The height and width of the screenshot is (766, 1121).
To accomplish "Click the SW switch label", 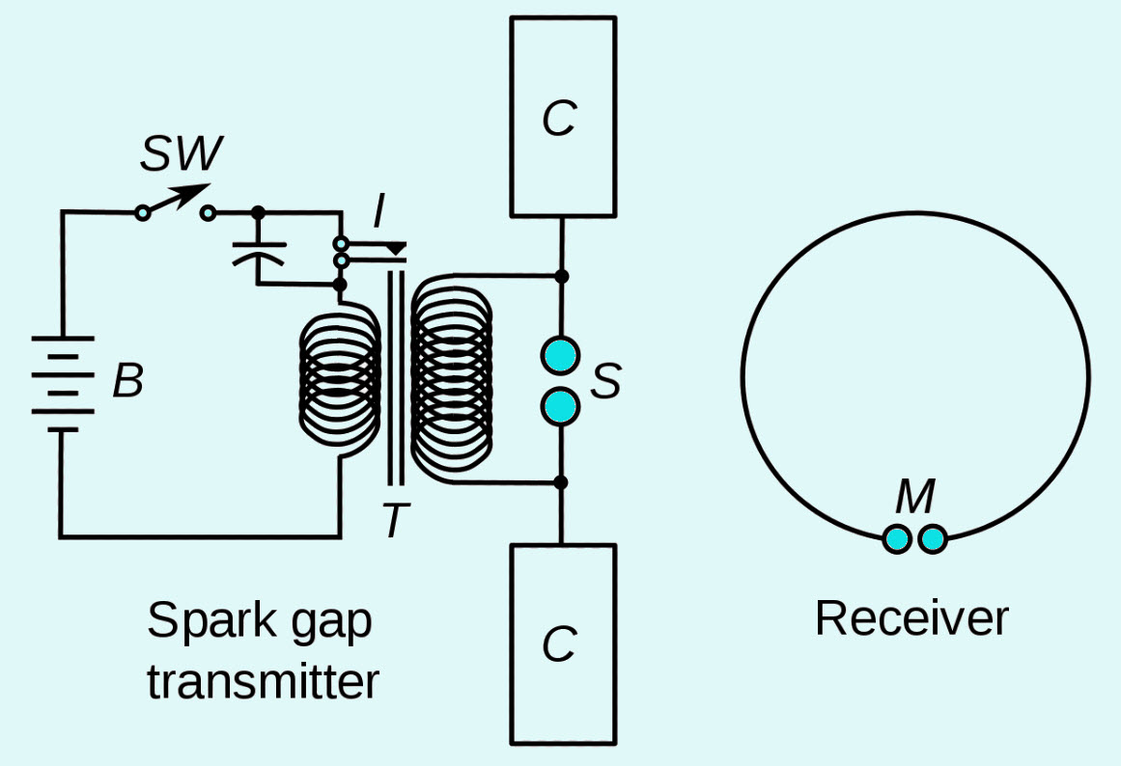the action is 182,153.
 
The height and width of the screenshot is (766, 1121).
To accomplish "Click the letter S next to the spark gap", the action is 605,381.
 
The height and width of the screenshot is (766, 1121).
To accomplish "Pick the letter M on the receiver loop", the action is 915,496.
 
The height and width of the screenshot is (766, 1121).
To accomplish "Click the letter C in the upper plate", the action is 559,118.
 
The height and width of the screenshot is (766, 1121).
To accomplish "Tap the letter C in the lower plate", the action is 559,643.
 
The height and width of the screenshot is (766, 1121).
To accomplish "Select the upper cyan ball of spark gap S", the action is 560,355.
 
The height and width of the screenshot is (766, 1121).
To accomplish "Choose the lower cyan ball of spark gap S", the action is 560,406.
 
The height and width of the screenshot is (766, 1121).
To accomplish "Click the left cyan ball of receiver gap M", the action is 897,538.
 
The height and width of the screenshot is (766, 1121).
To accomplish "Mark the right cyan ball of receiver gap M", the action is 933,538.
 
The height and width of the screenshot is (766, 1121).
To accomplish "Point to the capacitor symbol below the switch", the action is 258,254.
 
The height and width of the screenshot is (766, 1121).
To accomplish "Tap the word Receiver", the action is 912,618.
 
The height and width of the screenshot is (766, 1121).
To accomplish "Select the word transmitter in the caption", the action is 263,682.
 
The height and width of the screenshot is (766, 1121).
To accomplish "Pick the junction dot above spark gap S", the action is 562,276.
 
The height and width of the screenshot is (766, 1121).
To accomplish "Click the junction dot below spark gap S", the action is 561,482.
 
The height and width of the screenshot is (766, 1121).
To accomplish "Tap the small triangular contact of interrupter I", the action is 395,249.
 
